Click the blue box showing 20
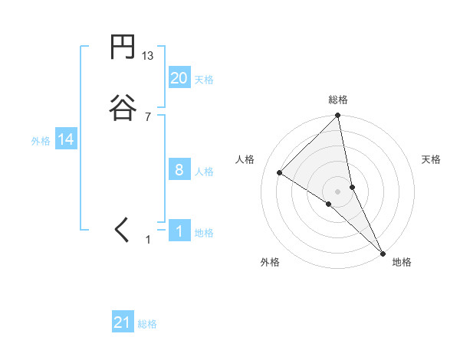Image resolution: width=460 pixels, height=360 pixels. point(179,77)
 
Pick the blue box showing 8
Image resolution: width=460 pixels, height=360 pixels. point(179,170)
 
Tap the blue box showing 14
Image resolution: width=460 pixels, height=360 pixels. point(66,139)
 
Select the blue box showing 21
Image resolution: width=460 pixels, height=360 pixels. point(123,322)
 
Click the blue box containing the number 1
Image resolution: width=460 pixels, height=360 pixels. point(179,231)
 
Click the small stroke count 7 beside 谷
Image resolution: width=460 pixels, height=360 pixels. point(148,116)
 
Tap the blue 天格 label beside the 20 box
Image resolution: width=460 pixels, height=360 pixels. point(204,79)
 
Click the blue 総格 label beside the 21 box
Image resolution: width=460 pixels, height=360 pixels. point(147,324)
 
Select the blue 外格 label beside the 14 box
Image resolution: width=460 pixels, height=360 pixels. point(41,141)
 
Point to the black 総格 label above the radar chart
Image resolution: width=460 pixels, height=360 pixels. point(338,100)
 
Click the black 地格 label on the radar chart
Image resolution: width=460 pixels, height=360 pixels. point(402,262)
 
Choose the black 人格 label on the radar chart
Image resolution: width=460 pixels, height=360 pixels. point(245,159)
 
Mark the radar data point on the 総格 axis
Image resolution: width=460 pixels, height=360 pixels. point(338,116)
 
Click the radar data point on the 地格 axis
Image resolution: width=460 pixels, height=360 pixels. point(383,252)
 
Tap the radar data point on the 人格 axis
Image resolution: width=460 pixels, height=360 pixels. point(280,172)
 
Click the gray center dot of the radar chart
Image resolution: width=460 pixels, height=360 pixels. point(338,191)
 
